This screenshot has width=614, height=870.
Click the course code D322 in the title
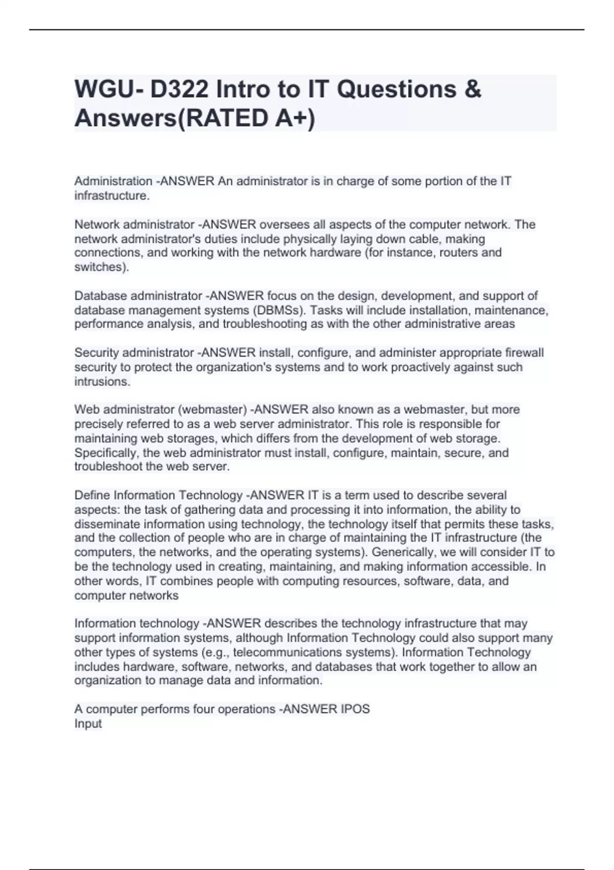click(179, 90)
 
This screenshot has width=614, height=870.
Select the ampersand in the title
click(474, 90)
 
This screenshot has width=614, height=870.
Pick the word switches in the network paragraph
click(100, 267)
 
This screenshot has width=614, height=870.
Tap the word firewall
click(524, 353)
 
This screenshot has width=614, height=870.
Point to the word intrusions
click(102, 382)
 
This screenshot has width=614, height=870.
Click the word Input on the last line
click(88, 724)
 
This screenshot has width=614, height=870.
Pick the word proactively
click(401, 367)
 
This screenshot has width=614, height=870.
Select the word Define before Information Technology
click(92, 495)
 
